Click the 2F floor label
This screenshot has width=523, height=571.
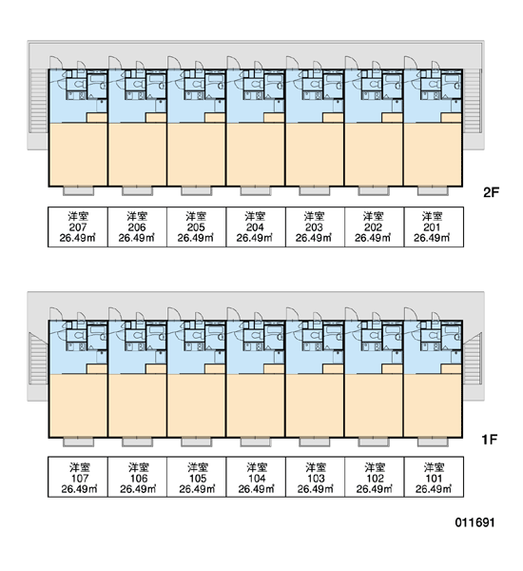click(x=491, y=192)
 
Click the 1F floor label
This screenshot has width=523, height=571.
click(x=490, y=440)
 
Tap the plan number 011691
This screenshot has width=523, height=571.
click(x=475, y=522)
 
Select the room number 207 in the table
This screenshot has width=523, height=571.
click(x=78, y=227)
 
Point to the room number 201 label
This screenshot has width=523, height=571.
click(x=432, y=227)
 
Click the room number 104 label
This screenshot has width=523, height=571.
click(x=257, y=478)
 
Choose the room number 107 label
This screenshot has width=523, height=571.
click(x=79, y=478)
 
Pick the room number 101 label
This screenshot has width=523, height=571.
click(x=434, y=478)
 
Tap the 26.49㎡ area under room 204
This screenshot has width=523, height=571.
click(x=255, y=238)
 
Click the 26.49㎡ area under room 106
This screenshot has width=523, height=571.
click(x=138, y=489)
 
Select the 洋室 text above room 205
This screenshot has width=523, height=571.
click(x=196, y=216)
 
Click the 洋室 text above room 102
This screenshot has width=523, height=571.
click(x=375, y=467)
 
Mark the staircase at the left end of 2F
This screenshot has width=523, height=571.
click(x=39, y=101)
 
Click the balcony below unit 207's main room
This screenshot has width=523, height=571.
click(x=78, y=191)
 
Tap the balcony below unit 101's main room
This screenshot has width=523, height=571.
click(x=433, y=443)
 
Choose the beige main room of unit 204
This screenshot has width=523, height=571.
click(x=256, y=154)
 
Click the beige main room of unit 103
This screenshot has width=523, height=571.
click(x=315, y=405)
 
